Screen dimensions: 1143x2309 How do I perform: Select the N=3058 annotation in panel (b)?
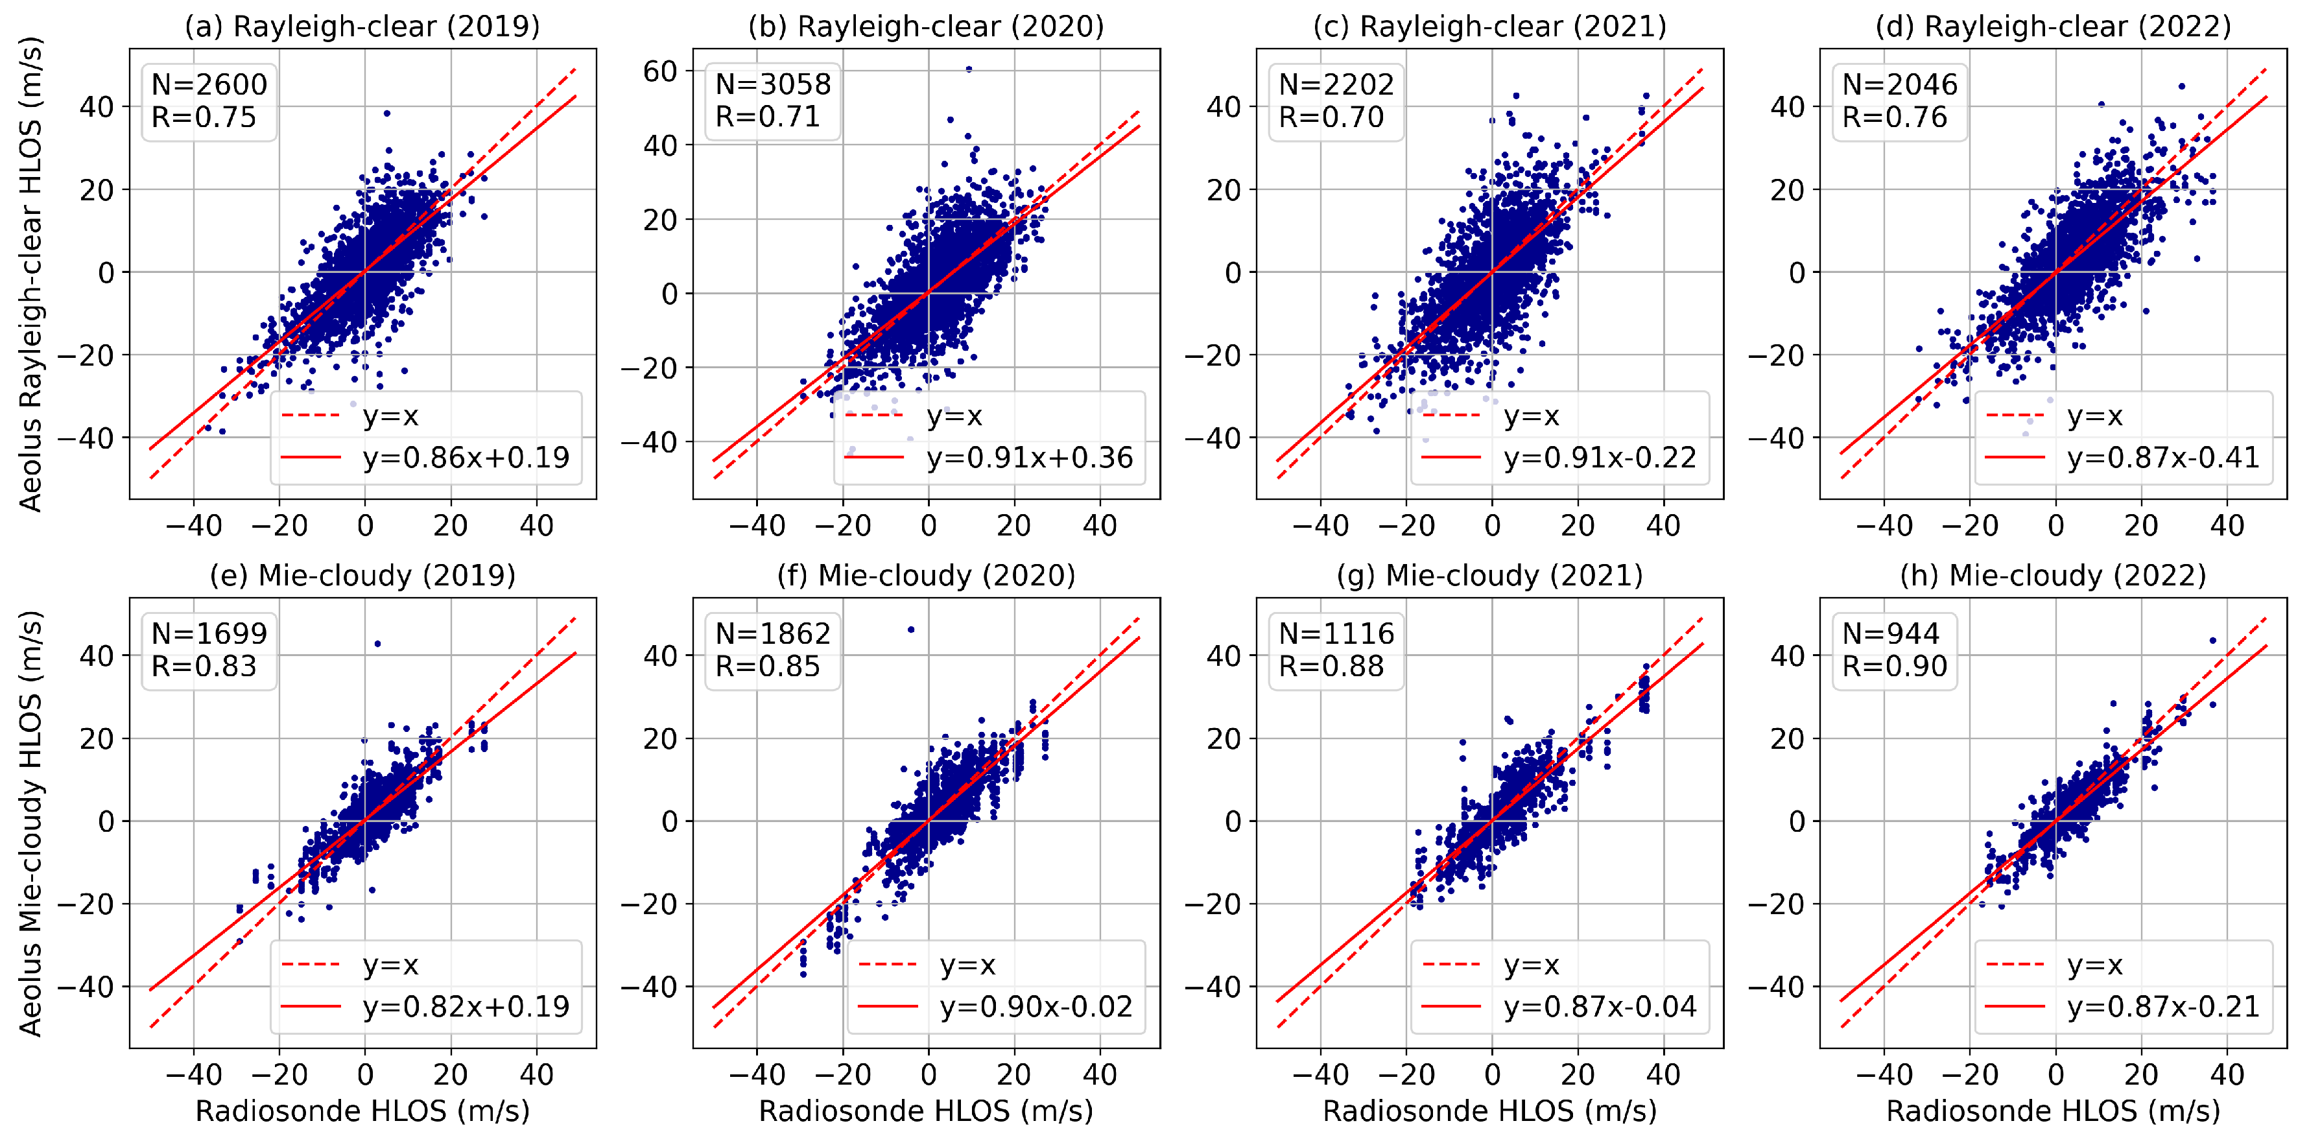(773, 84)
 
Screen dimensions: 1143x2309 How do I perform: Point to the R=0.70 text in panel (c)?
(1331, 117)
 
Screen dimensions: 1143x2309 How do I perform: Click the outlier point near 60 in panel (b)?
(969, 69)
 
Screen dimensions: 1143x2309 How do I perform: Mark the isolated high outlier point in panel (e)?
(377, 644)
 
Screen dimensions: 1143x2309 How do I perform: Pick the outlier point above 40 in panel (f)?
(912, 630)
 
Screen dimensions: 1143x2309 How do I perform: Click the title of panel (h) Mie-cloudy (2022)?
(2053, 576)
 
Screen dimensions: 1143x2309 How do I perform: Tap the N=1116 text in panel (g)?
(1336, 634)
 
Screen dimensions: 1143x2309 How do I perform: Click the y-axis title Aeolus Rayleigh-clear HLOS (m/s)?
(30, 274)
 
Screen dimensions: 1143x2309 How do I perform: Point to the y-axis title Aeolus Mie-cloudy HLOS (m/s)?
(30, 823)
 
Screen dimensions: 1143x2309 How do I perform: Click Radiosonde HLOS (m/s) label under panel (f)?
(926, 1112)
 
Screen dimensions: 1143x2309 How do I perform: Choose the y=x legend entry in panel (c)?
(1531, 416)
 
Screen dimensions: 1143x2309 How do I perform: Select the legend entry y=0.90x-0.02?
(1036, 1007)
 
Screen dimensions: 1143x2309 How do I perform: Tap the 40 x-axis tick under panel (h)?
(2227, 1074)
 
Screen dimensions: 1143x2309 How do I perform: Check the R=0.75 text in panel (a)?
(204, 117)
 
